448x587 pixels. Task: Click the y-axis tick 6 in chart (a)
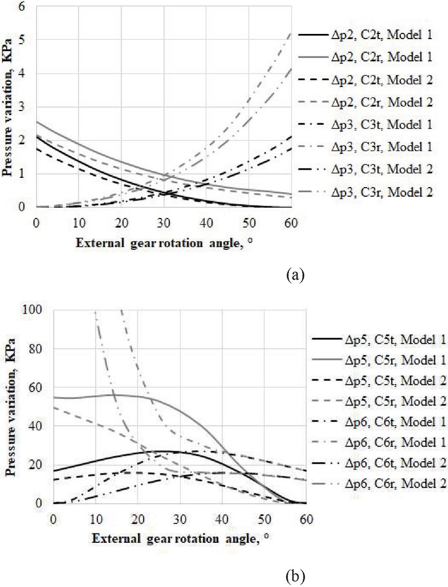click(24, 7)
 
